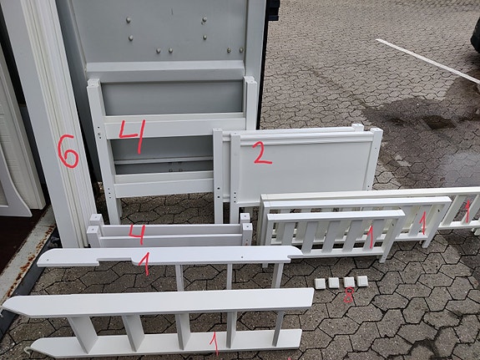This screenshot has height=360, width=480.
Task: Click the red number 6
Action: [68, 153]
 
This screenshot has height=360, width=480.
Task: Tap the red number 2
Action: [261, 153]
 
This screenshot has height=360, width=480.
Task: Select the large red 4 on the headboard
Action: [133, 136]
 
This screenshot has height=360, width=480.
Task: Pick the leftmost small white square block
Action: [320, 284]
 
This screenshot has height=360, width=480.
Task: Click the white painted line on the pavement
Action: [426, 60]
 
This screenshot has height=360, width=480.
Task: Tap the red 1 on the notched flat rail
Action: [144, 265]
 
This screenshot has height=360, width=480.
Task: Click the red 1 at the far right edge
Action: [467, 206]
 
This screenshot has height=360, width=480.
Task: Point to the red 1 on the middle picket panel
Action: [422, 222]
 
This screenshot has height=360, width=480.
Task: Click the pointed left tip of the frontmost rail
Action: [7, 309]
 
